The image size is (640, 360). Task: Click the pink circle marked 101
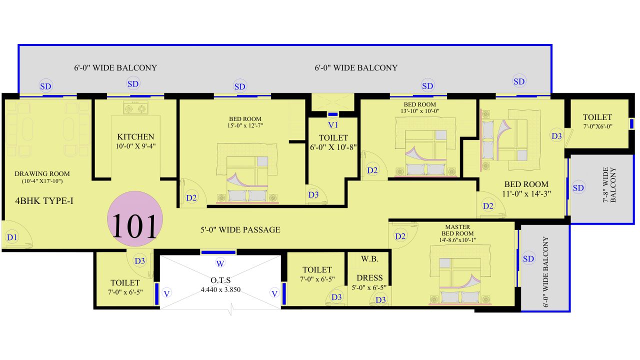(x=135, y=219)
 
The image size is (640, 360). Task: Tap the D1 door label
(x=12, y=237)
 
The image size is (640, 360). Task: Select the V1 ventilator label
(x=333, y=125)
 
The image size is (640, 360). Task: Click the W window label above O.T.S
(x=220, y=263)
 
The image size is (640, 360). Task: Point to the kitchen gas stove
(x=135, y=107)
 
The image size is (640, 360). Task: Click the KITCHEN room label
(x=135, y=136)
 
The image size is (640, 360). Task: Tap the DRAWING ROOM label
(x=42, y=173)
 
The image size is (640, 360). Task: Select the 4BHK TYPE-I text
(x=44, y=201)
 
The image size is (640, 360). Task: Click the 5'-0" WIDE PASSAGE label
(x=240, y=229)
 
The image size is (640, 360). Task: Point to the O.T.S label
(x=220, y=280)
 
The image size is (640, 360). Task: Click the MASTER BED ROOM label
(x=457, y=230)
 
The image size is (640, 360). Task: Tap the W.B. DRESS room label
(x=369, y=268)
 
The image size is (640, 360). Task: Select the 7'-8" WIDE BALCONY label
(x=609, y=185)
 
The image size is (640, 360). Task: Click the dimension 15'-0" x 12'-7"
(x=245, y=125)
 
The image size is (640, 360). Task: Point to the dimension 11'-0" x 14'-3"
(x=526, y=193)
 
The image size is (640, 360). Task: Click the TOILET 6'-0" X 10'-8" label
(x=333, y=142)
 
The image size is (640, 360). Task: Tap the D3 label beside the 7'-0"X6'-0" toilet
(x=556, y=136)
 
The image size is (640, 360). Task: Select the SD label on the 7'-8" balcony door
(x=578, y=188)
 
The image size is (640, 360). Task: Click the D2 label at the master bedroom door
(x=400, y=236)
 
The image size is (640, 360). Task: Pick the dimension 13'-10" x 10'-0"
(x=419, y=111)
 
